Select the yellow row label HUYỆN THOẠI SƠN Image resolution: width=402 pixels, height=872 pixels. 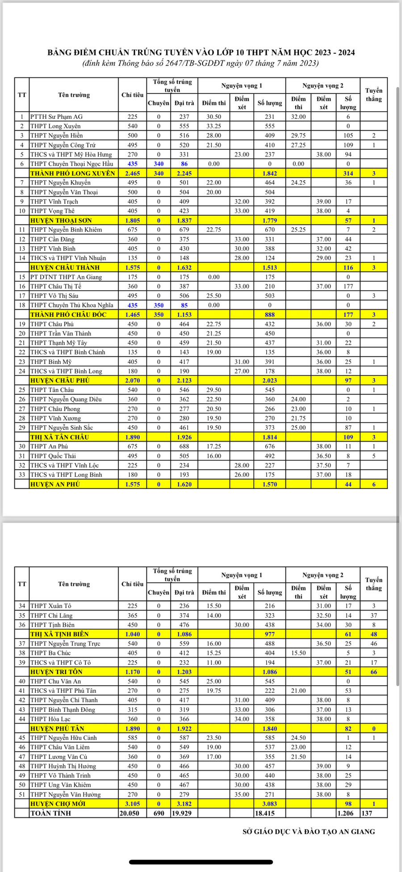tap(61, 220)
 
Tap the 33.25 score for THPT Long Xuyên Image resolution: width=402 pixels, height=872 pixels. tap(214, 126)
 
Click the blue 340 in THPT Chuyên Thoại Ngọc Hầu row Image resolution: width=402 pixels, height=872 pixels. tap(159, 164)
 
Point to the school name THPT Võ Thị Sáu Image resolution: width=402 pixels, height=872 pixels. tap(54, 295)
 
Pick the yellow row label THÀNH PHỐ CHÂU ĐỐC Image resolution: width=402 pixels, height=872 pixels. tap(68, 315)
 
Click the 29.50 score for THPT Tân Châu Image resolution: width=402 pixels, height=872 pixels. tap(214, 390)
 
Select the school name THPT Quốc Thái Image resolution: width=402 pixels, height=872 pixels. tap(53, 456)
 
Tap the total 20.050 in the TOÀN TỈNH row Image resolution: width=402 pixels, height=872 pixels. tap(133, 813)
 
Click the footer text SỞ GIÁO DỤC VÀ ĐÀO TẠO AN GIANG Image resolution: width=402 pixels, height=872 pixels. tap(309, 832)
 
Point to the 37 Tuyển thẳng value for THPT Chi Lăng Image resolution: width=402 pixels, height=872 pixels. tap(374, 615)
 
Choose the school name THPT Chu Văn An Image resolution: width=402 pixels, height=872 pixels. tap(56, 681)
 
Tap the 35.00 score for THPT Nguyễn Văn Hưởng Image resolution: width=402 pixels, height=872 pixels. tap(242, 794)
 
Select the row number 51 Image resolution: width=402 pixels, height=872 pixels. tap(22, 794)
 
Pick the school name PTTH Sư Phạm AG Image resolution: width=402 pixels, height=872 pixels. tap(57, 117)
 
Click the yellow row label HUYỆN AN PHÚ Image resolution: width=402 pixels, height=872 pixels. tap(55, 484)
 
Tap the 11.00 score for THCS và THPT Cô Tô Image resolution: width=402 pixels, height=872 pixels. tap(214, 662)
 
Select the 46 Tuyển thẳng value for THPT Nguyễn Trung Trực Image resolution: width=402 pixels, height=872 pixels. tap(374, 644)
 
